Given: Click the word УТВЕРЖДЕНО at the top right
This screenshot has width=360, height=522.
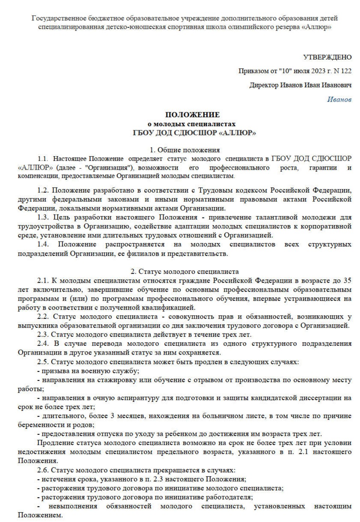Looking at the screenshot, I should [x=327, y=57].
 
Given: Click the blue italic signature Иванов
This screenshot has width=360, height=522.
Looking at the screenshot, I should [x=339, y=100].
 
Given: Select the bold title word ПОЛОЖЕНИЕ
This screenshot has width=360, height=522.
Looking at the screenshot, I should [x=193, y=115].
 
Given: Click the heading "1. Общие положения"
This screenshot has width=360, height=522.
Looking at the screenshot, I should [x=185, y=150].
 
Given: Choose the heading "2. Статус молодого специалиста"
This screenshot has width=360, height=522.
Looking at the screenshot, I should [x=185, y=271].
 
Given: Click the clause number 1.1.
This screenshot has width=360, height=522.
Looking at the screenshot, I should [x=43, y=159].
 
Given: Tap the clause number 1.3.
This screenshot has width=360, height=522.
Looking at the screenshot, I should [x=43, y=217].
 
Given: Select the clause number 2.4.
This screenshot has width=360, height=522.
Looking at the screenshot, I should [x=43, y=343].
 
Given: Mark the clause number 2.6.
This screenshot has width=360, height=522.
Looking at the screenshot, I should [x=43, y=470].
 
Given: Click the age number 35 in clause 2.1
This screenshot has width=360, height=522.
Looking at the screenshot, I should [x=347, y=280].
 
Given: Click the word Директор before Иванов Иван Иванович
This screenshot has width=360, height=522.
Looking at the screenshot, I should [x=264, y=85].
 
